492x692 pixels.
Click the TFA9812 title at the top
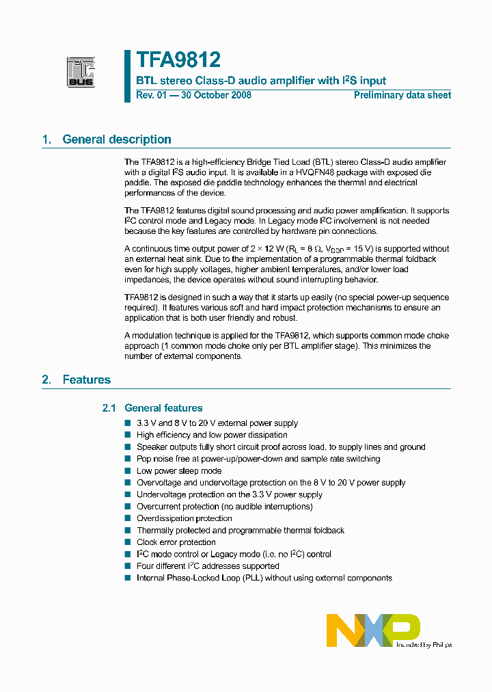click(x=178, y=60)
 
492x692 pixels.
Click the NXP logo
click(x=372, y=630)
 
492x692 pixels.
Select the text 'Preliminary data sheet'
click(x=402, y=95)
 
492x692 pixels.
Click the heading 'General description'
click(x=117, y=139)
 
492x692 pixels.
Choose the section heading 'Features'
click(x=87, y=380)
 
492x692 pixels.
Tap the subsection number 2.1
click(x=109, y=408)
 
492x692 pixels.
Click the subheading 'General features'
click(x=163, y=408)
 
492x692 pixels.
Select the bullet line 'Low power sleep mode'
click(x=179, y=471)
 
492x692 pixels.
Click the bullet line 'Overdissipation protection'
click(x=184, y=518)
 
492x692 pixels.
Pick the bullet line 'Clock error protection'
click(x=176, y=542)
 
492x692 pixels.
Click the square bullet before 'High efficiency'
click(x=127, y=435)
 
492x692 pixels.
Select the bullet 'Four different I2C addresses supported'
click(x=208, y=566)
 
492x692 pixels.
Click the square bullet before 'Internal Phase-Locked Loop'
click(x=127, y=578)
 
